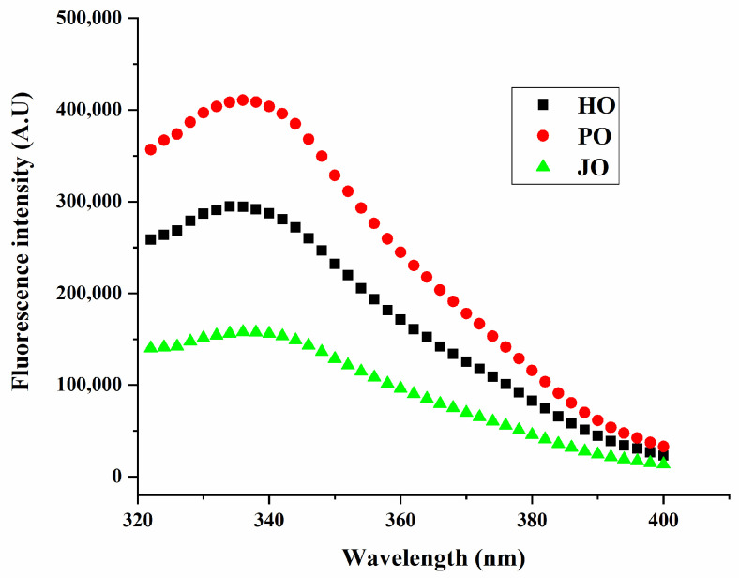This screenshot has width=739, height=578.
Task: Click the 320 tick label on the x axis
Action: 138,520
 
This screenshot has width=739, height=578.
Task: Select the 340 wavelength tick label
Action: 269,520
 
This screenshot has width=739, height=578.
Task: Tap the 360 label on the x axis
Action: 400,520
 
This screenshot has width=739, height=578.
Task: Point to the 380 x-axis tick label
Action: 532,520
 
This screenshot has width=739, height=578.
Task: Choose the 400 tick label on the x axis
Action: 663,520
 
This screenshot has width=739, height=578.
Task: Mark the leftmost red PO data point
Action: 151,149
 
